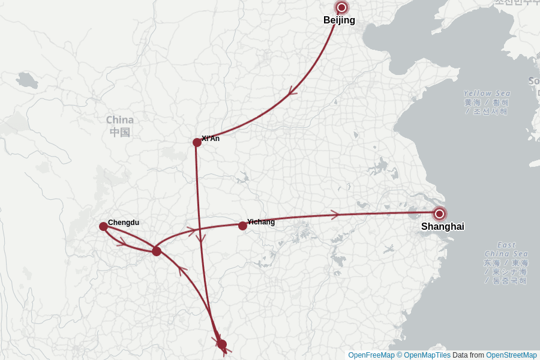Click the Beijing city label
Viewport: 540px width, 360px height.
pyautogui.click(x=339, y=20)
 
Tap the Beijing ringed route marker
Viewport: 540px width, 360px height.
pyautogui.click(x=342, y=8)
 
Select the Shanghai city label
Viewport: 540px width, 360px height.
pyautogui.click(x=442, y=227)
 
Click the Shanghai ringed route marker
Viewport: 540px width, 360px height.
pyautogui.click(x=440, y=214)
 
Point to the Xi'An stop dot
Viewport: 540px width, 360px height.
pyautogui.click(x=197, y=142)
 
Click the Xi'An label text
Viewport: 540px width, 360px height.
pyautogui.click(x=211, y=139)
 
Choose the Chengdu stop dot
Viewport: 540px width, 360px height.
pyautogui.click(x=103, y=226)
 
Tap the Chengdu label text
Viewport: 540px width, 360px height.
pyautogui.click(x=124, y=223)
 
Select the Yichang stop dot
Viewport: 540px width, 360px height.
pyautogui.click(x=242, y=226)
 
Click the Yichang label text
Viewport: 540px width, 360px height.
pyautogui.click(x=261, y=222)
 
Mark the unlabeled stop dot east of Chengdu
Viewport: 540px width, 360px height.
pyautogui.click(x=157, y=251)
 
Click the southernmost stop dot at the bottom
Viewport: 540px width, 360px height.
pyautogui.click(x=222, y=344)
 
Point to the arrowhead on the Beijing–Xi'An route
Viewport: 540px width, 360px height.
pyautogui.click(x=293, y=92)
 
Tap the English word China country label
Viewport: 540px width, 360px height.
pyautogui.click(x=120, y=119)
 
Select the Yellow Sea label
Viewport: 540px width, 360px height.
pyautogui.click(x=487, y=94)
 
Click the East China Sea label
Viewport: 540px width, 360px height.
pyautogui.click(x=506, y=245)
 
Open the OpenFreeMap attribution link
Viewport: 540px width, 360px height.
pyautogui.click(x=371, y=355)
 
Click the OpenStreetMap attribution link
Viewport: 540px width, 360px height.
pyautogui.click(x=511, y=355)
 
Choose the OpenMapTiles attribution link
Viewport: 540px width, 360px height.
pyautogui.click(x=427, y=355)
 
